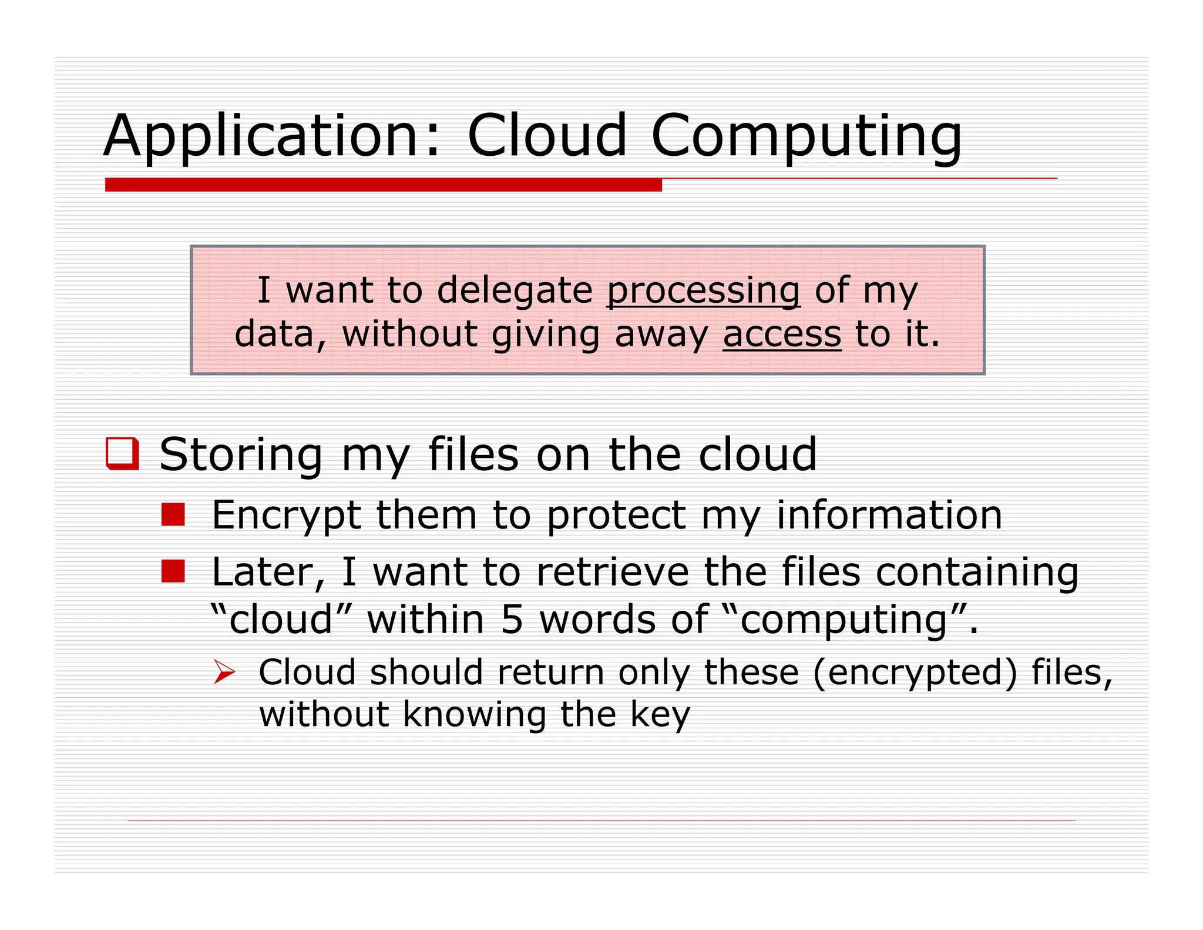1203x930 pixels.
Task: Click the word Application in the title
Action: click(x=260, y=136)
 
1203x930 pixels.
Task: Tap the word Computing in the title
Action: click(x=807, y=136)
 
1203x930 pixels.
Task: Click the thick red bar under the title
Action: click(x=383, y=185)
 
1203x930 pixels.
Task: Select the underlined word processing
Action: click(x=703, y=290)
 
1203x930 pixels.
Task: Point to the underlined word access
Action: click(x=781, y=334)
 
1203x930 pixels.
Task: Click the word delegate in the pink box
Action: click(x=515, y=290)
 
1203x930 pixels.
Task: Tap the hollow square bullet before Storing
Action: click(x=122, y=453)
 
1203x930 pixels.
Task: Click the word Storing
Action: click(x=241, y=454)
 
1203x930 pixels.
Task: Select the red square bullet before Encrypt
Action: click(x=173, y=514)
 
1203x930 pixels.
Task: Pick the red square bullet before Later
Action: click(x=173, y=571)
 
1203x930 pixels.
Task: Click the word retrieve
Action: click(x=612, y=572)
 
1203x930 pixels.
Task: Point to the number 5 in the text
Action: click(x=512, y=620)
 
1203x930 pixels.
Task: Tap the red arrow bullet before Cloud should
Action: click(x=224, y=671)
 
